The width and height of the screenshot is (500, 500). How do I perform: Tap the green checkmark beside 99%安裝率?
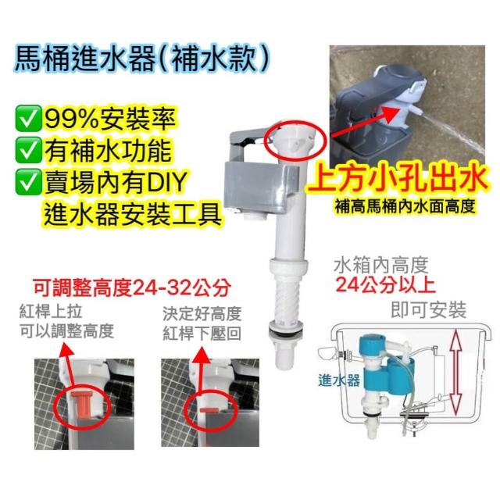(28, 119)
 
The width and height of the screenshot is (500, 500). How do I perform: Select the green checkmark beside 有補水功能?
(28, 150)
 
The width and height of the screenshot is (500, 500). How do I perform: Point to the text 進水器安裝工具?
(133, 213)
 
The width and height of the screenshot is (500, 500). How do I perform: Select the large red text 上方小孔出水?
(398, 180)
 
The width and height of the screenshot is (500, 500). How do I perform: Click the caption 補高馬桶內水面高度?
(405, 206)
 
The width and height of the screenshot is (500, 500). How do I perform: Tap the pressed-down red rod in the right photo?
(209, 410)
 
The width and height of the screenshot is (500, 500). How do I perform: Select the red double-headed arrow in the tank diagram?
(456, 372)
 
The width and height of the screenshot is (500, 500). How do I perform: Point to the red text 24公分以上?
(385, 284)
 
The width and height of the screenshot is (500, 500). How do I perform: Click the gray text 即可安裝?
(429, 309)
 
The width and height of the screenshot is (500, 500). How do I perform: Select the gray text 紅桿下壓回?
(202, 334)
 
